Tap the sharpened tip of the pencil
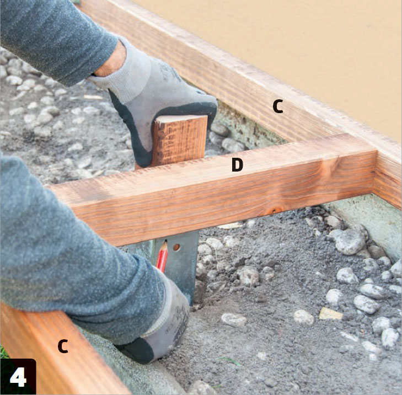165,241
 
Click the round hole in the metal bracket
176,247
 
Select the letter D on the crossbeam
237,164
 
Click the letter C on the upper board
278,106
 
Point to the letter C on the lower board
63,346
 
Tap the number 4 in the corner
18,377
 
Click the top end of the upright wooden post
181,118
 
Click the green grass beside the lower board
3,352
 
